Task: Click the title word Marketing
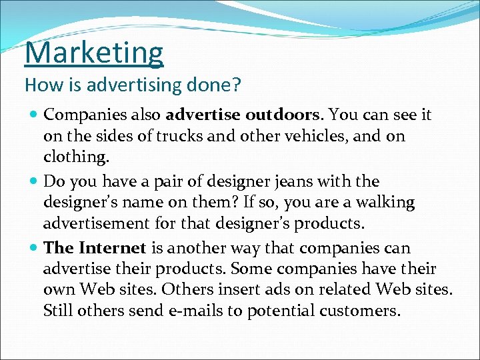coord(94,53)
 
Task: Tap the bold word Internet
coord(112,248)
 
